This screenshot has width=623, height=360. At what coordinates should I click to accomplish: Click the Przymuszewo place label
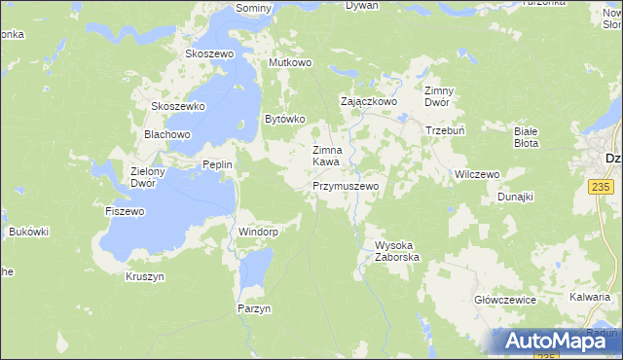click(x=345, y=185)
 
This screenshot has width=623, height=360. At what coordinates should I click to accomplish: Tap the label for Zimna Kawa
click(x=325, y=156)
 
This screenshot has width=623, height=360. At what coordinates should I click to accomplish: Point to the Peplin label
click(x=216, y=164)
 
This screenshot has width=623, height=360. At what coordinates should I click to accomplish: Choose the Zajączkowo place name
click(x=368, y=100)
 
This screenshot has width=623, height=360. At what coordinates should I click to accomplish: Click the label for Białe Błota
click(x=527, y=136)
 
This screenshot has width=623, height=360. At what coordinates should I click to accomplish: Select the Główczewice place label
click(x=505, y=300)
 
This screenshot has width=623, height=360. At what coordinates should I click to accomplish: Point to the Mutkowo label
click(x=289, y=62)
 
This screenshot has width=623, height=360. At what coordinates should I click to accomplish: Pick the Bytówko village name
click(x=285, y=119)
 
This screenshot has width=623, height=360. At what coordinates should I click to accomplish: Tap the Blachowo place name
click(x=166, y=134)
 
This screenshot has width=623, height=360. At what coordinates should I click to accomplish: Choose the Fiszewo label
click(x=125, y=210)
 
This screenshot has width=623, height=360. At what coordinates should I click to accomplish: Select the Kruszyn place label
click(x=145, y=276)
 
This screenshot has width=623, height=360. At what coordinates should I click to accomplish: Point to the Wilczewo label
click(x=477, y=174)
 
